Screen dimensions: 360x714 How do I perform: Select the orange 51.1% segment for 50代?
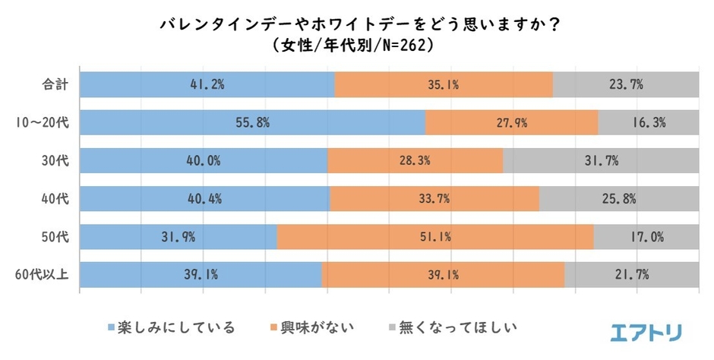pos(435,237)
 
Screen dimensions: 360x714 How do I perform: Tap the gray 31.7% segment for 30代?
pos(601,160)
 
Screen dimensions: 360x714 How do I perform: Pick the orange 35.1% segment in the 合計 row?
pos(444,84)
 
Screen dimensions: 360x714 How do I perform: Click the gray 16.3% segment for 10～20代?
pos(648,122)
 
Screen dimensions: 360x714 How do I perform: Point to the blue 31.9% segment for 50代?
pos(178,237)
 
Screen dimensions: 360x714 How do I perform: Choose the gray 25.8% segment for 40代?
pos(619,199)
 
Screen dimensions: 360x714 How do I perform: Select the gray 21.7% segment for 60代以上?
pos(632,275)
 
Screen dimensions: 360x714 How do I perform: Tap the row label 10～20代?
pos(43,122)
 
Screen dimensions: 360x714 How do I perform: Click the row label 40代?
pos(56,199)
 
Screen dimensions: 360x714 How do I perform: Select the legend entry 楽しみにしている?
pos(171,328)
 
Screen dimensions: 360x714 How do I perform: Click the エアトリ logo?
pos(646,331)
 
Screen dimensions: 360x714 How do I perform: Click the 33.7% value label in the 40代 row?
pos(435,199)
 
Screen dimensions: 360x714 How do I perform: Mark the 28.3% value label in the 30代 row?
pos(415,160)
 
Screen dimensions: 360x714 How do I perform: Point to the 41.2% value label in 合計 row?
pos(207,84)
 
